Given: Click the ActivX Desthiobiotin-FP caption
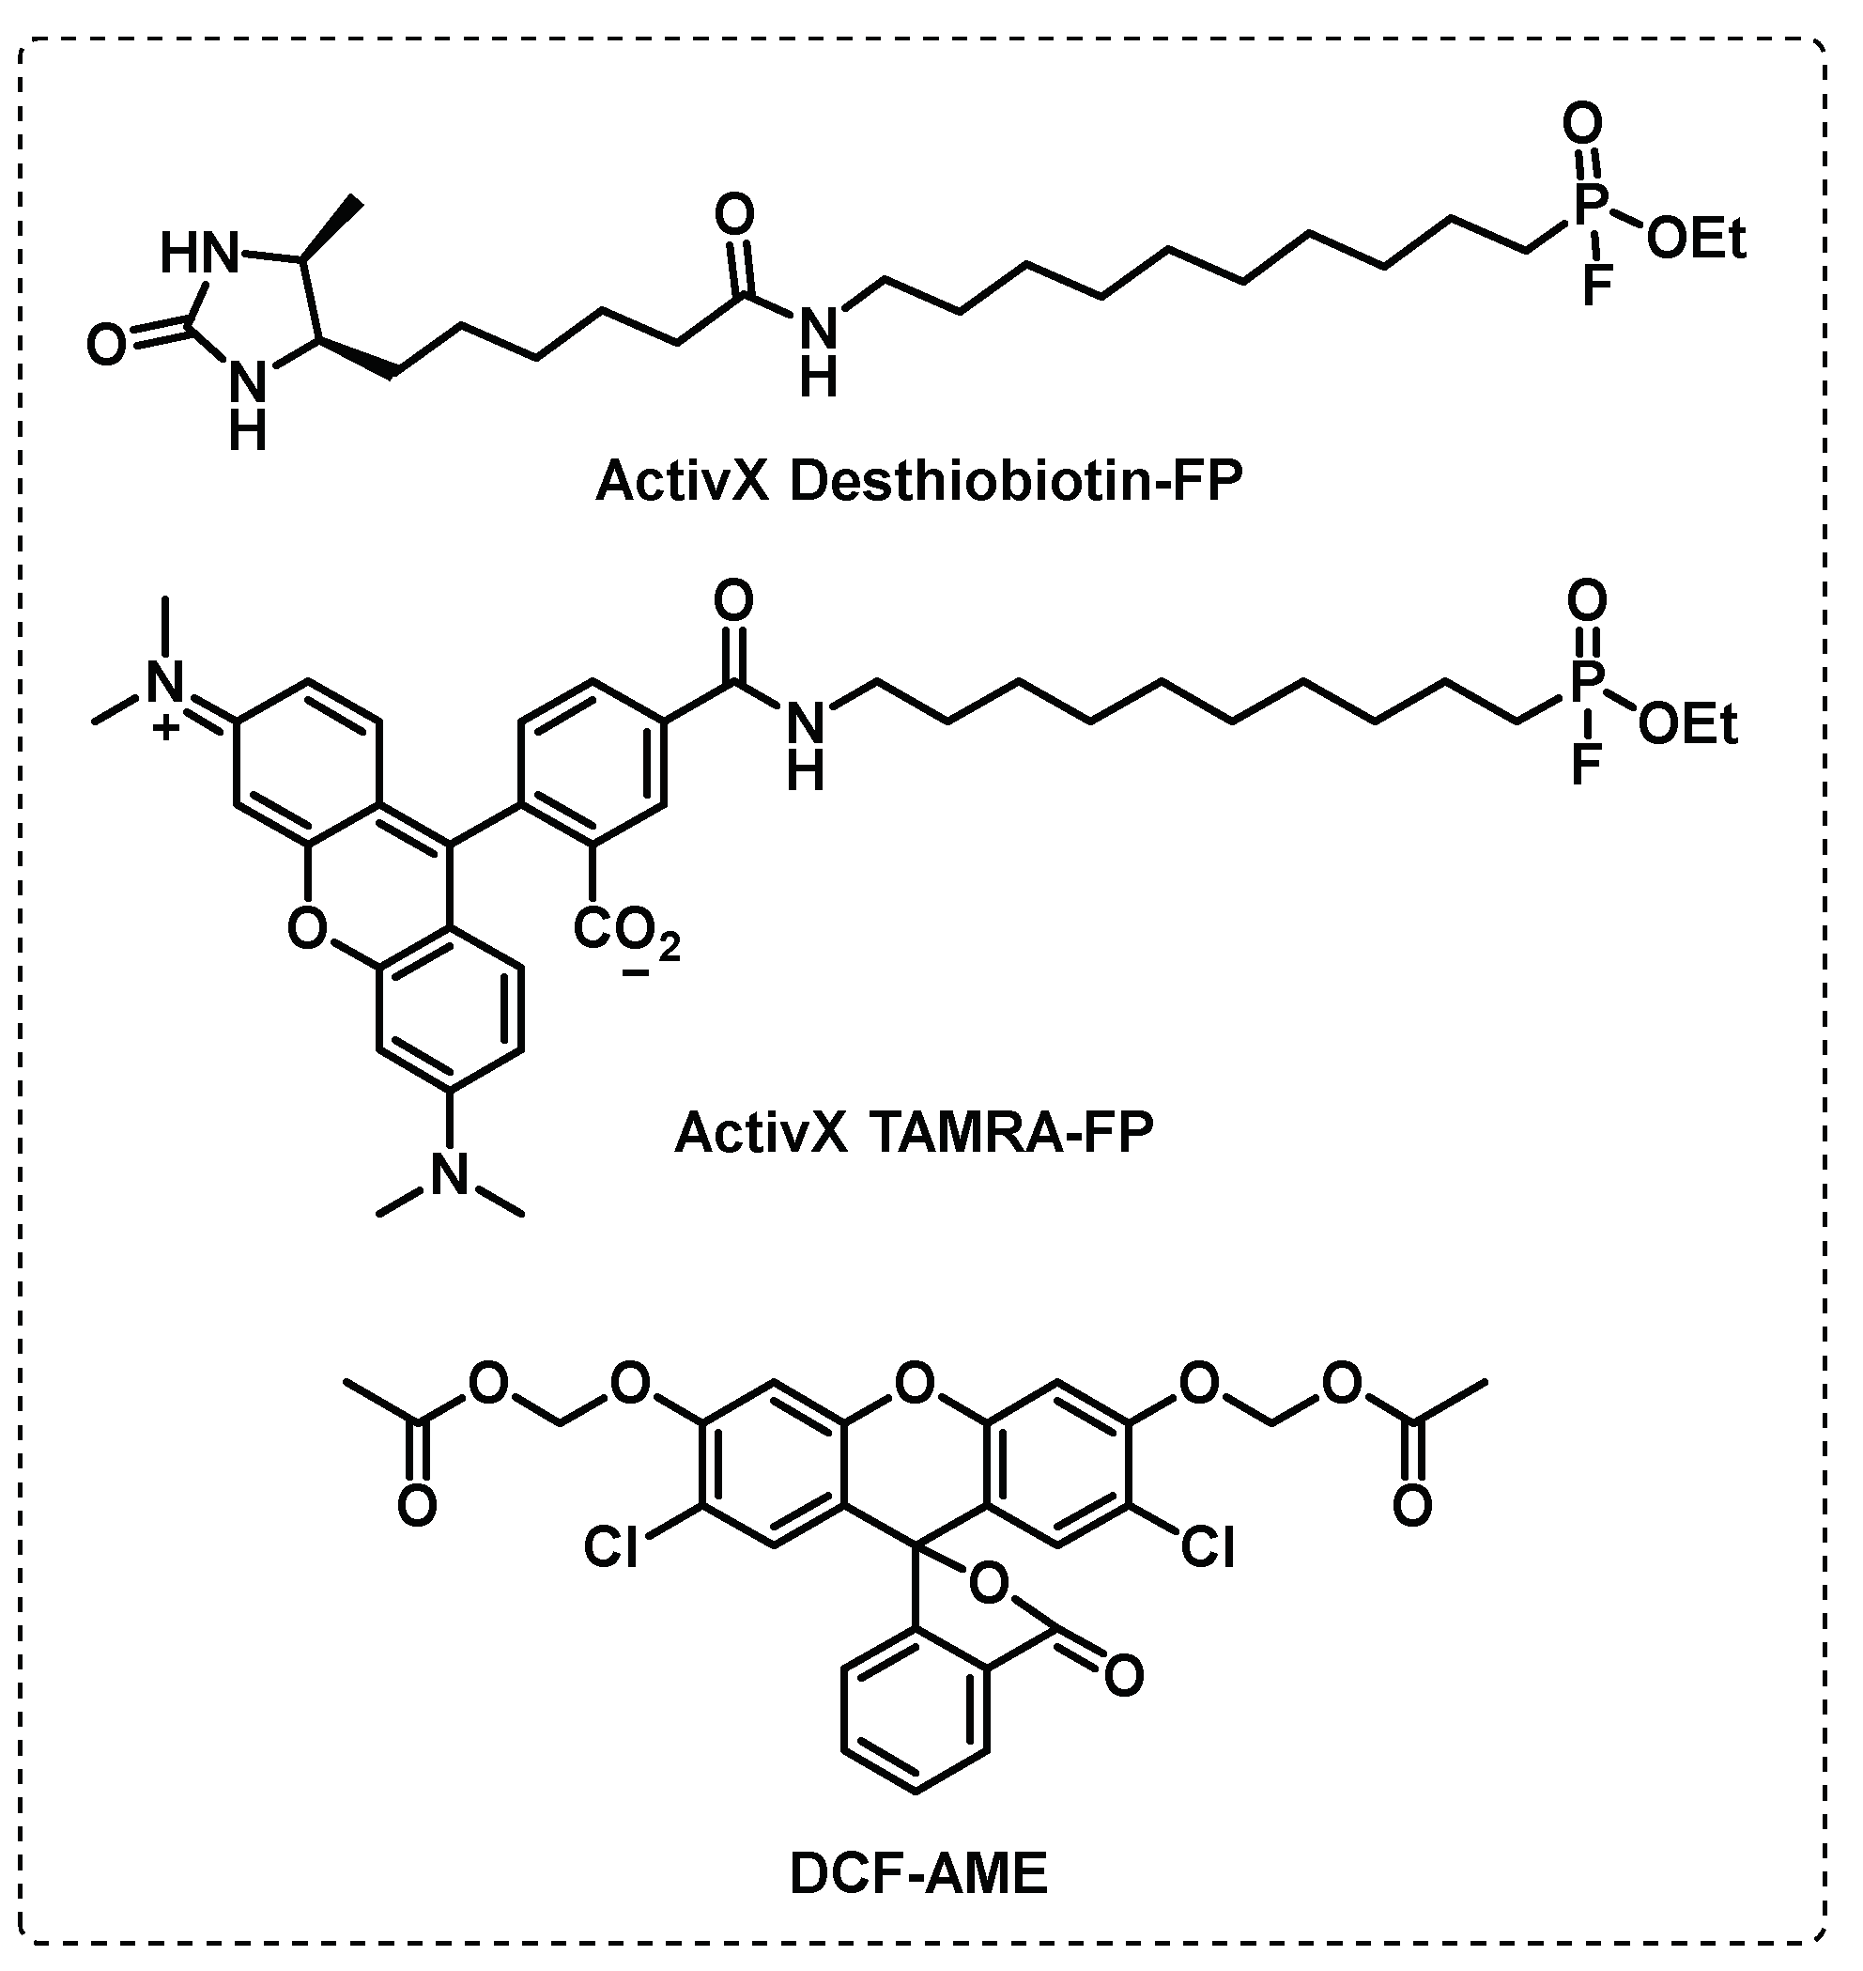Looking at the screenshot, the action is (x=918, y=482).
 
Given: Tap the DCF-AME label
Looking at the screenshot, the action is (x=918, y=1874).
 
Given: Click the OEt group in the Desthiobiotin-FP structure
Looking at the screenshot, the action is (x=1696, y=240).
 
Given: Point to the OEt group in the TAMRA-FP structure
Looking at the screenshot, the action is (x=1688, y=725).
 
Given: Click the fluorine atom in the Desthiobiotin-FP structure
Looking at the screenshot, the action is (x=1596, y=285).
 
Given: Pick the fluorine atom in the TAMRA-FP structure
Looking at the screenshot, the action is (x=1586, y=768).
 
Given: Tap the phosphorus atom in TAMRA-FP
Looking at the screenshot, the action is (x=1586, y=682).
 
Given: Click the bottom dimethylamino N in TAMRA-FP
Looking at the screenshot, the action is (x=450, y=1175).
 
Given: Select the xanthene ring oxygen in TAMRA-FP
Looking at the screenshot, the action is (x=307, y=929).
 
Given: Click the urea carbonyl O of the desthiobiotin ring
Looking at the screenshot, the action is (x=106, y=346).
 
